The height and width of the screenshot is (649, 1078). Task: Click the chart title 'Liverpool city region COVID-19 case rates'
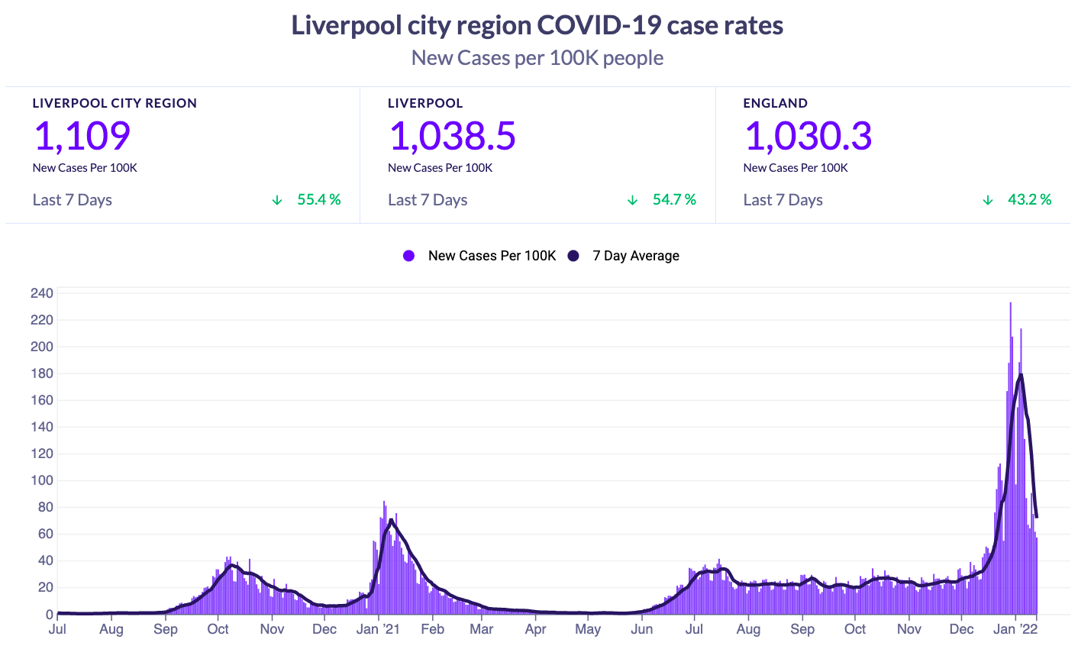click(537, 25)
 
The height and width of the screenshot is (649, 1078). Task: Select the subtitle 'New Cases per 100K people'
click(537, 58)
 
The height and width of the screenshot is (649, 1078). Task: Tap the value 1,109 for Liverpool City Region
click(82, 136)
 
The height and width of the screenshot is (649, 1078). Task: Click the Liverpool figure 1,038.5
click(452, 136)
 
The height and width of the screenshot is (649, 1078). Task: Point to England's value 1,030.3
click(808, 136)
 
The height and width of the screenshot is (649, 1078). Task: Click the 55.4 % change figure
click(318, 199)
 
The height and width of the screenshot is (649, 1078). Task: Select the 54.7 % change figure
click(674, 199)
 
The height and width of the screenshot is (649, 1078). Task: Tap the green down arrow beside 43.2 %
click(987, 200)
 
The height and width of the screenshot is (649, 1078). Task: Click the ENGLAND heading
click(776, 103)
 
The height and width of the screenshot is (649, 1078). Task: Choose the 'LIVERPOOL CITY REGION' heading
click(115, 103)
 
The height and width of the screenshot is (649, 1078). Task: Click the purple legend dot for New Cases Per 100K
click(408, 256)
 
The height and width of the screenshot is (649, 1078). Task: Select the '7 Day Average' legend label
click(636, 256)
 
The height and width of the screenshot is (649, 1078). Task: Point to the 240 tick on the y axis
click(42, 293)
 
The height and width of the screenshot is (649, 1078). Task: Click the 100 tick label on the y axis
click(42, 480)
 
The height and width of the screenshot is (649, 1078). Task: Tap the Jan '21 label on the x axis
click(378, 629)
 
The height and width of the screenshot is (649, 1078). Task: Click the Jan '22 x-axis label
click(1015, 629)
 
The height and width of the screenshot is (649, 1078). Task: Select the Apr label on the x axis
click(536, 629)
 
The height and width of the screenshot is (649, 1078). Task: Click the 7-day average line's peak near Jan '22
click(1021, 374)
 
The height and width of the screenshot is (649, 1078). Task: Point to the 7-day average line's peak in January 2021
click(391, 520)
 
